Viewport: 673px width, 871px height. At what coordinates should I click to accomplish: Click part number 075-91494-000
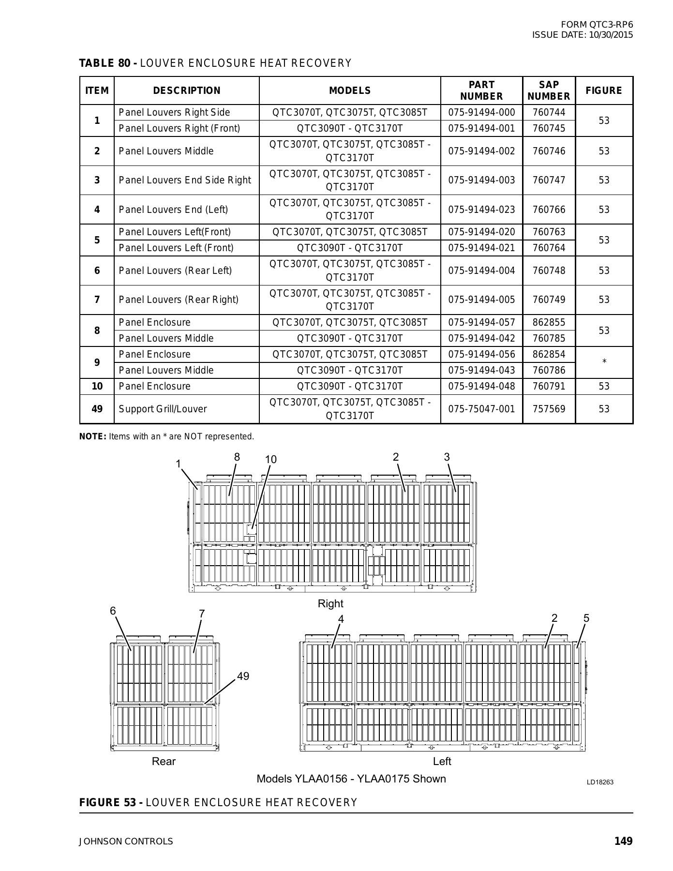coord(481,113)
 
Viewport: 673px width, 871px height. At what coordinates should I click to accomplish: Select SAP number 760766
coord(549,210)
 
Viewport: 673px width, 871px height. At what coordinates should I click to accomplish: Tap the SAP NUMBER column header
coord(549,90)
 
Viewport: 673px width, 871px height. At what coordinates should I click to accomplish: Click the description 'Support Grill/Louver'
coord(163,409)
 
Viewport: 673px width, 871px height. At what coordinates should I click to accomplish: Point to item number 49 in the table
coord(97,409)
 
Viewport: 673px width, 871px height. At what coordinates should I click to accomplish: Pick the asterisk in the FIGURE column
coord(604,362)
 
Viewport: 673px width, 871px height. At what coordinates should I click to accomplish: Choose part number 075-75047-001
coord(481,409)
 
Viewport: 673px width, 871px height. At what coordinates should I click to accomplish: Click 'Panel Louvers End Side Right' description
coord(185,180)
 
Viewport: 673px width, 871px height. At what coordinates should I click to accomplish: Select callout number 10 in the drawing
coord(271,460)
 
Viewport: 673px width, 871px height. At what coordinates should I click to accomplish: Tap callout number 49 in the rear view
coord(243,676)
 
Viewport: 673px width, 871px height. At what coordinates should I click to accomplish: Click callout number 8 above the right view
coord(237,457)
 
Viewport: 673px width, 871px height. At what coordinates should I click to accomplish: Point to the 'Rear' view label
coord(164,762)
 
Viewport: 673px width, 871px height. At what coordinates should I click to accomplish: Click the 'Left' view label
coord(442,762)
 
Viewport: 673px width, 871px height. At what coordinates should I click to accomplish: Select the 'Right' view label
coord(330,604)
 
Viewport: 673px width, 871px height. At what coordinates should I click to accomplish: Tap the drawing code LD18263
coord(600,782)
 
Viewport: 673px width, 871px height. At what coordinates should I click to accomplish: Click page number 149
coord(623,841)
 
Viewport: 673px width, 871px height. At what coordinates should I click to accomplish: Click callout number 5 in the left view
coord(586,618)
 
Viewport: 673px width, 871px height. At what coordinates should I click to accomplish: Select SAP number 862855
coord(549,323)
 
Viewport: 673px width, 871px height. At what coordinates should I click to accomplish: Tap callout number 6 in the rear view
coord(113,611)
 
